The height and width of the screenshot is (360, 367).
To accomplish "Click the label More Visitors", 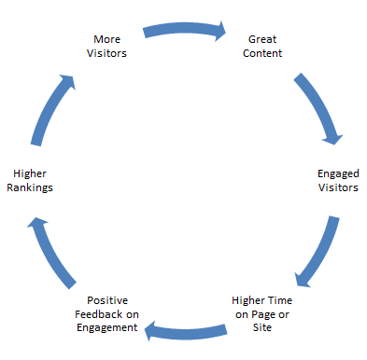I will click(x=108, y=46).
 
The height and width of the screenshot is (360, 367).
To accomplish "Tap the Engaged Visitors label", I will click(x=335, y=180).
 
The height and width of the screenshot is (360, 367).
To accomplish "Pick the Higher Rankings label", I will click(x=32, y=180).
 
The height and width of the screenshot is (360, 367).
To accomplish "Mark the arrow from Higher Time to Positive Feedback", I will click(x=187, y=327).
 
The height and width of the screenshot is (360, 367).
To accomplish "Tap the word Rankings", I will click(x=32, y=187).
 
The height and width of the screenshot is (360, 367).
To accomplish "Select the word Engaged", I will click(x=335, y=173).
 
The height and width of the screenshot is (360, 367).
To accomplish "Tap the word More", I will click(x=108, y=39).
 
